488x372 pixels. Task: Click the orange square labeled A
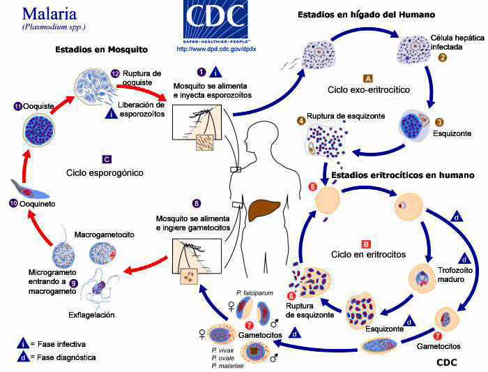coord(367,77)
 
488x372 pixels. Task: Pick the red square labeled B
coord(365,244)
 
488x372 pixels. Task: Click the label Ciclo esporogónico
coord(105,172)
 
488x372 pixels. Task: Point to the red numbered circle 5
coord(312,186)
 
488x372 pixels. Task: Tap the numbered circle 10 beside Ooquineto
coord(13,204)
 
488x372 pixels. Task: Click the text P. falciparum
coord(254,293)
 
